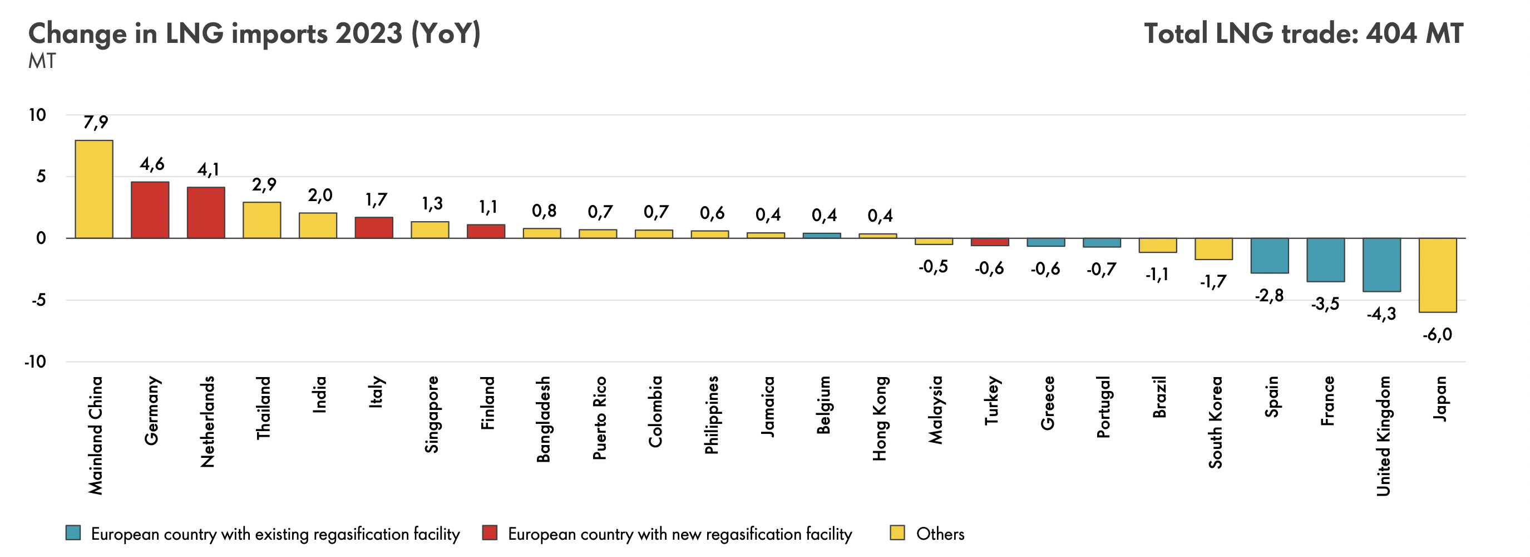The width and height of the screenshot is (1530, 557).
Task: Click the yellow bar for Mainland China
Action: (94, 189)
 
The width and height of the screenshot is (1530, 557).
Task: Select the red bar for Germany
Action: (150, 210)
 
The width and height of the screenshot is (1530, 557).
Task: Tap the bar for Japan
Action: (1437, 275)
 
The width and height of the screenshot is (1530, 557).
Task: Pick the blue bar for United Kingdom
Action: (1381, 265)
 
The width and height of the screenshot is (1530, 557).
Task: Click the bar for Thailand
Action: (261, 220)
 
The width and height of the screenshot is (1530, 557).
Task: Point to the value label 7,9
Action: (96, 123)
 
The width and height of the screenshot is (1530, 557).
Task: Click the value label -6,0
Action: (1437, 335)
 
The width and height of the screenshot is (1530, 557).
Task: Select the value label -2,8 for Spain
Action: (1269, 295)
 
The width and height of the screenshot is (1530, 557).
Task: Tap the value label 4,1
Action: (208, 170)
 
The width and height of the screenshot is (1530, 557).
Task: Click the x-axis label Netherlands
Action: (207, 422)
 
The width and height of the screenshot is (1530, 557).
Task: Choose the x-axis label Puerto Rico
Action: (599, 417)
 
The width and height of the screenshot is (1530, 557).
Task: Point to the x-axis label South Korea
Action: (1215, 422)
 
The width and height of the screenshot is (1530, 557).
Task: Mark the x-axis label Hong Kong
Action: (879, 418)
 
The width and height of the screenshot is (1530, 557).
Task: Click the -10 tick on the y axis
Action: (35, 361)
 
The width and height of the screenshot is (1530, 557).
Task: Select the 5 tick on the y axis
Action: (41, 177)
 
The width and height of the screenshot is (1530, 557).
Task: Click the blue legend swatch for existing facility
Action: (73, 532)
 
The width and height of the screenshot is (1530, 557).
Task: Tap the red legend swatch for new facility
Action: (490, 532)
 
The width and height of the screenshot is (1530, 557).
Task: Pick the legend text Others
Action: (940, 534)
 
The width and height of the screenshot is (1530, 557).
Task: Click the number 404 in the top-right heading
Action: (1390, 34)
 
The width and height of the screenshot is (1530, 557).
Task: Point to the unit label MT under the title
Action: (42, 61)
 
